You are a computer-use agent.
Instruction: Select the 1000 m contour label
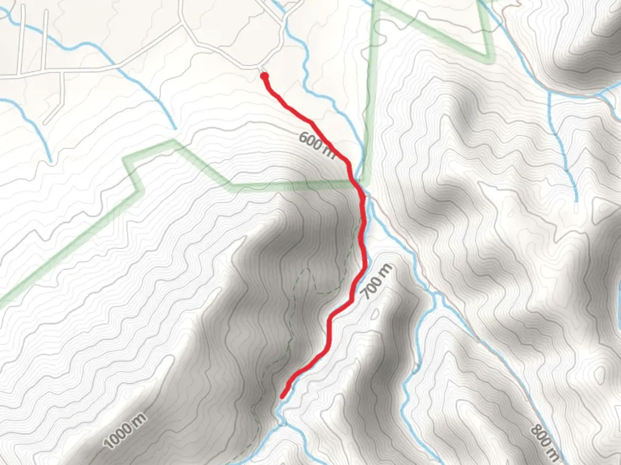125,430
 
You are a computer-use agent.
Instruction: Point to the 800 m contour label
544,441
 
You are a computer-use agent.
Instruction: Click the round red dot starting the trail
264,76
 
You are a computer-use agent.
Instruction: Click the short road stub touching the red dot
261,70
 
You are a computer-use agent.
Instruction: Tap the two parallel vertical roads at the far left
32,41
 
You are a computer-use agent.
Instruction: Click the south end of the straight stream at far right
576,200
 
